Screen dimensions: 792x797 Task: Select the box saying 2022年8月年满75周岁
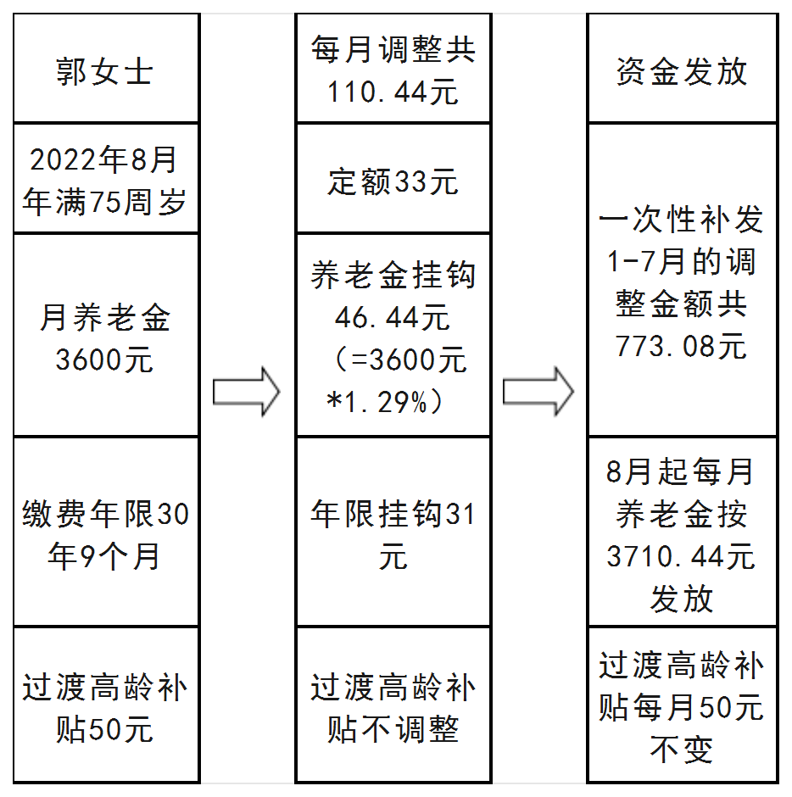pyautogui.click(x=106, y=178)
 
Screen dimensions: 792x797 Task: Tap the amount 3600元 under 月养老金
pyautogui.click(x=104, y=359)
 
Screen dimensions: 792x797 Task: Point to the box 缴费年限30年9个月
pyautogui.click(x=106, y=532)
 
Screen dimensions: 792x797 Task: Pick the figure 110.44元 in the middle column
pyautogui.click(x=393, y=92)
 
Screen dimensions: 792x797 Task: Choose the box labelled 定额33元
pyautogui.click(x=393, y=178)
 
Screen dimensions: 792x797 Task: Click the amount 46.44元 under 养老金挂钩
pyautogui.click(x=393, y=317)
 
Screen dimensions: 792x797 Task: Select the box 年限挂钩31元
pyautogui.click(x=393, y=532)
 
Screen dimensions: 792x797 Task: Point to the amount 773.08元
pyautogui.click(x=681, y=346)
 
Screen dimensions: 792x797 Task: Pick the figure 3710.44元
pyautogui.click(x=681, y=555)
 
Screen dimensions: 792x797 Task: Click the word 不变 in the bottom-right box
pyautogui.click(x=682, y=750)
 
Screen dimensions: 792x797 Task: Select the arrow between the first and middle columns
pyautogui.click(x=246, y=392)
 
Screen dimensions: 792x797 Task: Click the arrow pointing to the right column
pyautogui.click(x=538, y=392)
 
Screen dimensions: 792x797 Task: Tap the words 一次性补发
pyautogui.click(x=681, y=219)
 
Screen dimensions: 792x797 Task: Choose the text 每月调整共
pyautogui.click(x=393, y=49)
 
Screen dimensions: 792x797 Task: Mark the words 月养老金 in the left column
pyautogui.click(x=104, y=317)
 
